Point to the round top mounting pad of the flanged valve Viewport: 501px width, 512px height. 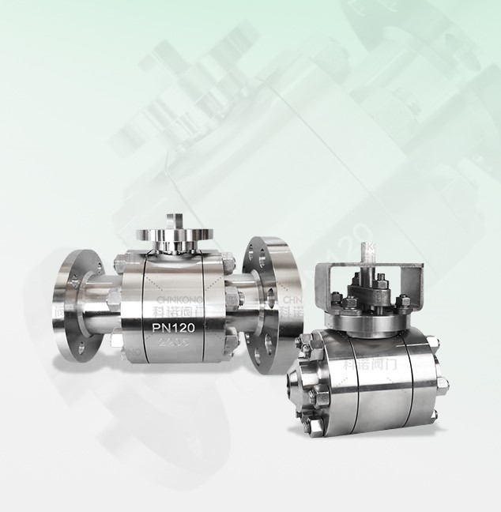point(167,237)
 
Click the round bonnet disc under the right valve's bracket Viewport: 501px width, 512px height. point(370,318)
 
